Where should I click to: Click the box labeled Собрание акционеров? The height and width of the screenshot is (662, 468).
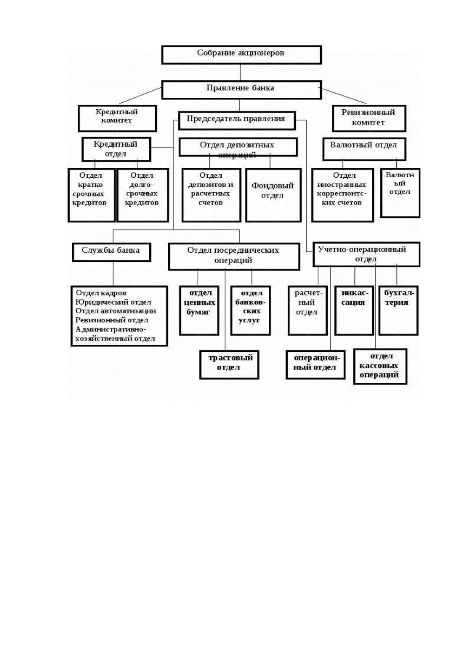pos(241,55)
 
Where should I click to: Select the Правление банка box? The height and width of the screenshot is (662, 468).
pos(241,90)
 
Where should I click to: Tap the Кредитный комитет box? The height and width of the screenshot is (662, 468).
pos(117,118)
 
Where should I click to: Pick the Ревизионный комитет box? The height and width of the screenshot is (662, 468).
pos(369,118)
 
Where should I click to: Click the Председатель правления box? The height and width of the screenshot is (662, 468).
pos(237,120)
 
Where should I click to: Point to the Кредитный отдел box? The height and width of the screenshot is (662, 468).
pos(116,149)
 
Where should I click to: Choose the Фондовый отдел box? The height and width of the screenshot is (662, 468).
pos(273,195)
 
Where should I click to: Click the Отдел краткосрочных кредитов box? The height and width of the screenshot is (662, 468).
pos(91,195)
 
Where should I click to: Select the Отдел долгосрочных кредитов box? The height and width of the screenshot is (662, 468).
pos(143,195)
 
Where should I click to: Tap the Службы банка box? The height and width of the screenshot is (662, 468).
pos(111,252)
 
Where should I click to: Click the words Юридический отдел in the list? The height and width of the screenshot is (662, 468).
pos(114,302)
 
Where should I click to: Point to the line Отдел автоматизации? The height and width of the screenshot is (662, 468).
pos(116,311)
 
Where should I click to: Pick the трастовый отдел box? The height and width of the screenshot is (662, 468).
pos(229,365)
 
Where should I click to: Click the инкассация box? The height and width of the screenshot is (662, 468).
pos(354,310)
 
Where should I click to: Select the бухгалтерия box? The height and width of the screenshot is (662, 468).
pos(398,310)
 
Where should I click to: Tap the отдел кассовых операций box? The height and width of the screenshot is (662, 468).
pos(380,366)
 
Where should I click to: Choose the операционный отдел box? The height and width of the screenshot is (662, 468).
pos(316,365)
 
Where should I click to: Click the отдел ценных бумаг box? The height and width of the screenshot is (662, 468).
pos(200,310)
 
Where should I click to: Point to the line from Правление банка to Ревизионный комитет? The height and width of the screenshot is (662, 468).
pos(344,96)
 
